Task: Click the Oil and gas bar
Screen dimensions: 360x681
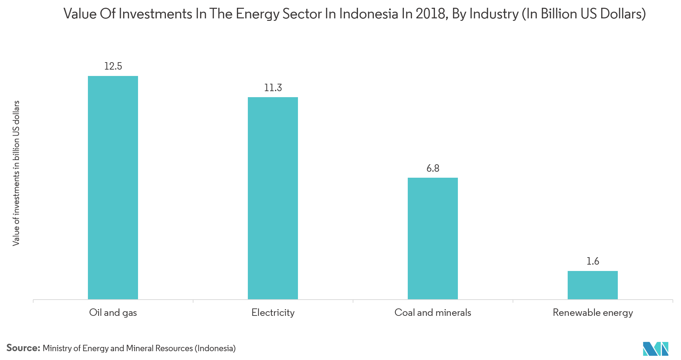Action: (113, 188)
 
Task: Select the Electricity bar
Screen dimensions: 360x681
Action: (273, 198)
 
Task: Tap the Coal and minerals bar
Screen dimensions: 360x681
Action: (433, 238)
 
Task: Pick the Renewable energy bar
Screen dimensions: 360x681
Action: (593, 285)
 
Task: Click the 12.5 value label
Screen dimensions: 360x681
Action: (113, 66)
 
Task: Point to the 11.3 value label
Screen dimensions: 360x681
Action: (273, 88)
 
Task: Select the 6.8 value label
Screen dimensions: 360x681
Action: (433, 168)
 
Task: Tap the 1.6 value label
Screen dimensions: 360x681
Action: (593, 261)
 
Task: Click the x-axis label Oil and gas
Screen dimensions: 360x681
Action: (113, 313)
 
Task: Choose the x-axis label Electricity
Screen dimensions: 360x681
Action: (273, 313)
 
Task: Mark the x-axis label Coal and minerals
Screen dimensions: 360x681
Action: (433, 313)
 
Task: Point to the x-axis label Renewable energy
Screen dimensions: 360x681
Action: (593, 313)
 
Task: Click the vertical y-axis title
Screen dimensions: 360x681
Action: (16, 173)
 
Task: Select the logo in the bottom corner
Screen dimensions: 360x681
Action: (656, 349)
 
